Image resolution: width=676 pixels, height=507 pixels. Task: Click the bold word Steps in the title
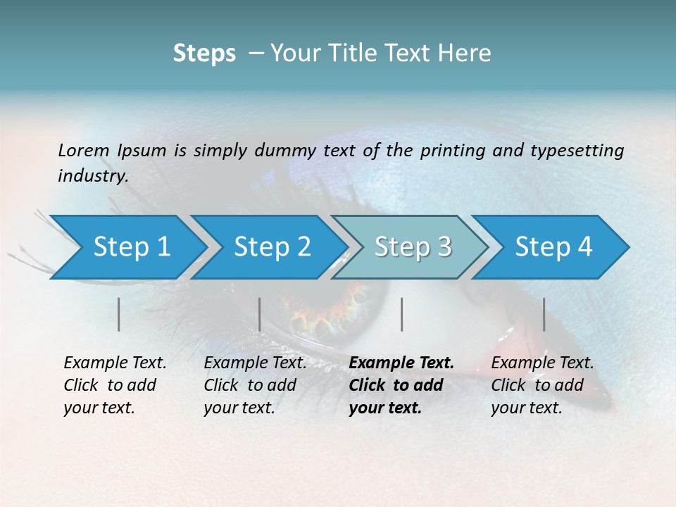click(x=204, y=54)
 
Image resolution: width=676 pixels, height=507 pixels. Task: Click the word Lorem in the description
click(x=83, y=150)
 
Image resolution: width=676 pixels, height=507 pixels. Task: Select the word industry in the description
click(x=92, y=175)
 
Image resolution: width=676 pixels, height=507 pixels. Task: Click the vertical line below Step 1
click(x=119, y=314)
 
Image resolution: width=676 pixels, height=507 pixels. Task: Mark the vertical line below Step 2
click(x=260, y=314)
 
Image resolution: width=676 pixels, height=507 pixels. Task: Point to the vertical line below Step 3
click(x=401, y=314)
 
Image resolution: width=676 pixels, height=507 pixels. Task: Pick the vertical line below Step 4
click(x=544, y=314)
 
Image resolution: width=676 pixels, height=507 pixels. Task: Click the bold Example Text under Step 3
click(x=401, y=363)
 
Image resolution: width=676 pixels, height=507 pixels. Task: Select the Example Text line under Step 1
click(x=115, y=363)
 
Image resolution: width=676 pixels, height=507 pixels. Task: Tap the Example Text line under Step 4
click(x=542, y=363)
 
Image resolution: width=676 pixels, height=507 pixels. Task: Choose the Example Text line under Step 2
click(x=255, y=363)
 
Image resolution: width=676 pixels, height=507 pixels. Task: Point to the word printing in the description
click(x=449, y=150)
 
